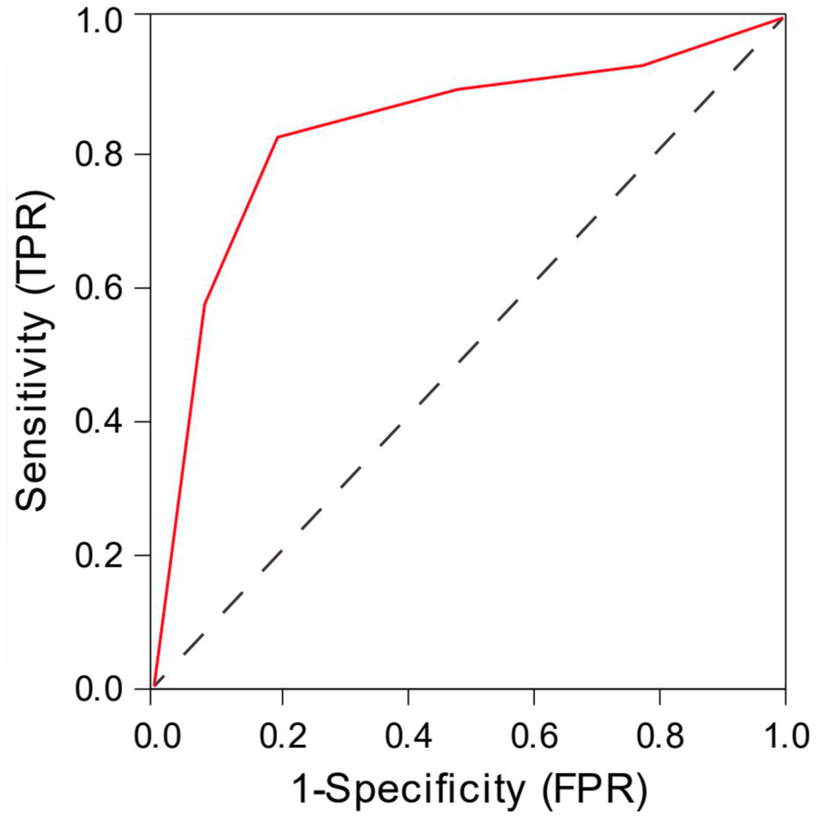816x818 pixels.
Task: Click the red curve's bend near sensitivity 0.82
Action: click(277, 137)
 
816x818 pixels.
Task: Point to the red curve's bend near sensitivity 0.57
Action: click(204, 304)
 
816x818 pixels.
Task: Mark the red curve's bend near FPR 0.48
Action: click(457, 89)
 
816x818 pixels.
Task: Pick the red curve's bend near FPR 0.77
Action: click(642, 65)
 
